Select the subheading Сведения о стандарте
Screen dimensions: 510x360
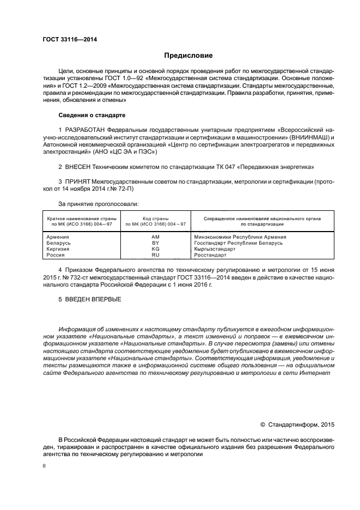tap(91, 116)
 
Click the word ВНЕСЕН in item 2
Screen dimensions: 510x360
tap(80, 166)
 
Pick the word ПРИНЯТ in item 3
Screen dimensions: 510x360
tap(78, 180)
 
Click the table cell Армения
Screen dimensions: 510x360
tap(58, 237)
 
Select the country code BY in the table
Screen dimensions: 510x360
tap(155, 243)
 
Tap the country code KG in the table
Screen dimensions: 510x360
tap(155, 248)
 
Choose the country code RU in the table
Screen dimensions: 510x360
tap(155, 254)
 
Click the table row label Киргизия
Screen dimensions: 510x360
tap(58, 248)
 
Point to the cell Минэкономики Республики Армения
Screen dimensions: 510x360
tap(240, 237)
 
